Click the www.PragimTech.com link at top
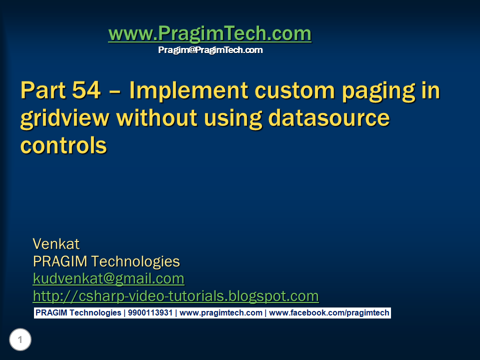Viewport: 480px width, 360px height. [209, 34]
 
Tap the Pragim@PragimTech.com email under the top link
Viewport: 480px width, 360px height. [210, 50]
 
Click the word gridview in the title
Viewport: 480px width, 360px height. [65, 119]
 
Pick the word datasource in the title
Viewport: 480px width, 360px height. [329, 118]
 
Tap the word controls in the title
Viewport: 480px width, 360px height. [63, 145]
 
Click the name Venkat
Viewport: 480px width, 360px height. [56, 244]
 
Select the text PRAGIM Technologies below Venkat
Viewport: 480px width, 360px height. [106, 261]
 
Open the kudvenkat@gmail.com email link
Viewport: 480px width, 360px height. [108, 278]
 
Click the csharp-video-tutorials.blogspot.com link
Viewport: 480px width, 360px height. [175, 296]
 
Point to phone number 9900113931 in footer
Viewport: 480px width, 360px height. [150, 313]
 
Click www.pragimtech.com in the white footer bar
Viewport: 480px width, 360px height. [221, 313]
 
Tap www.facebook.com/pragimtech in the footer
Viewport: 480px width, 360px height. [329, 313]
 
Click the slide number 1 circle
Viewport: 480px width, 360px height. [20, 340]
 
